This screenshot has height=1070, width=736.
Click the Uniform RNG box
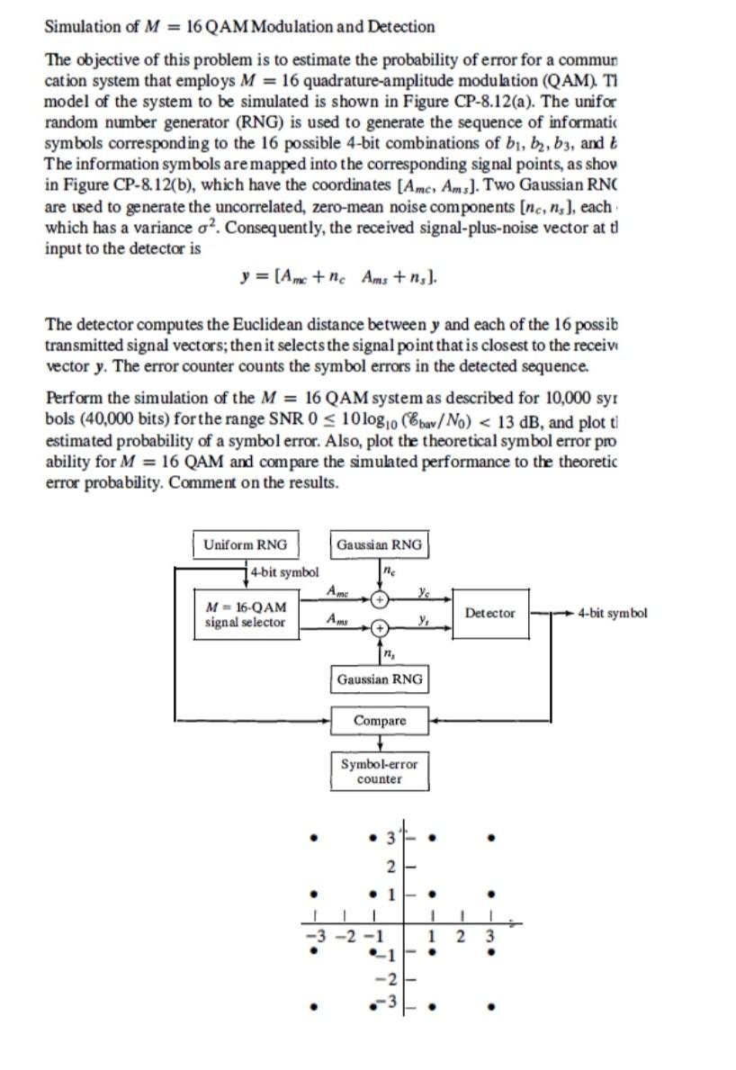[x=246, y=544]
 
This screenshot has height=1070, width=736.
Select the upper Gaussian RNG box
[x=379, y=544]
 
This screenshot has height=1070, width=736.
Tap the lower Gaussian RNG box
[x=379, y=679]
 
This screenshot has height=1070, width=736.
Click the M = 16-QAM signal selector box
[x=246, y=614]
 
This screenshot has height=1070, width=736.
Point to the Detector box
[x=490, y=613]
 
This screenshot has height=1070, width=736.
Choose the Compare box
[x=379, y=721]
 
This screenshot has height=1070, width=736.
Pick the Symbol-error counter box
[x=379, y=771]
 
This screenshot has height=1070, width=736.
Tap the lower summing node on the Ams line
[x=381, y=627]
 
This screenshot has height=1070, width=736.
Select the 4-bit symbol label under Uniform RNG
[x=284, y=571]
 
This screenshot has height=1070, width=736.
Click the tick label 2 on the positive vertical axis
[x=390, y=867]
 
